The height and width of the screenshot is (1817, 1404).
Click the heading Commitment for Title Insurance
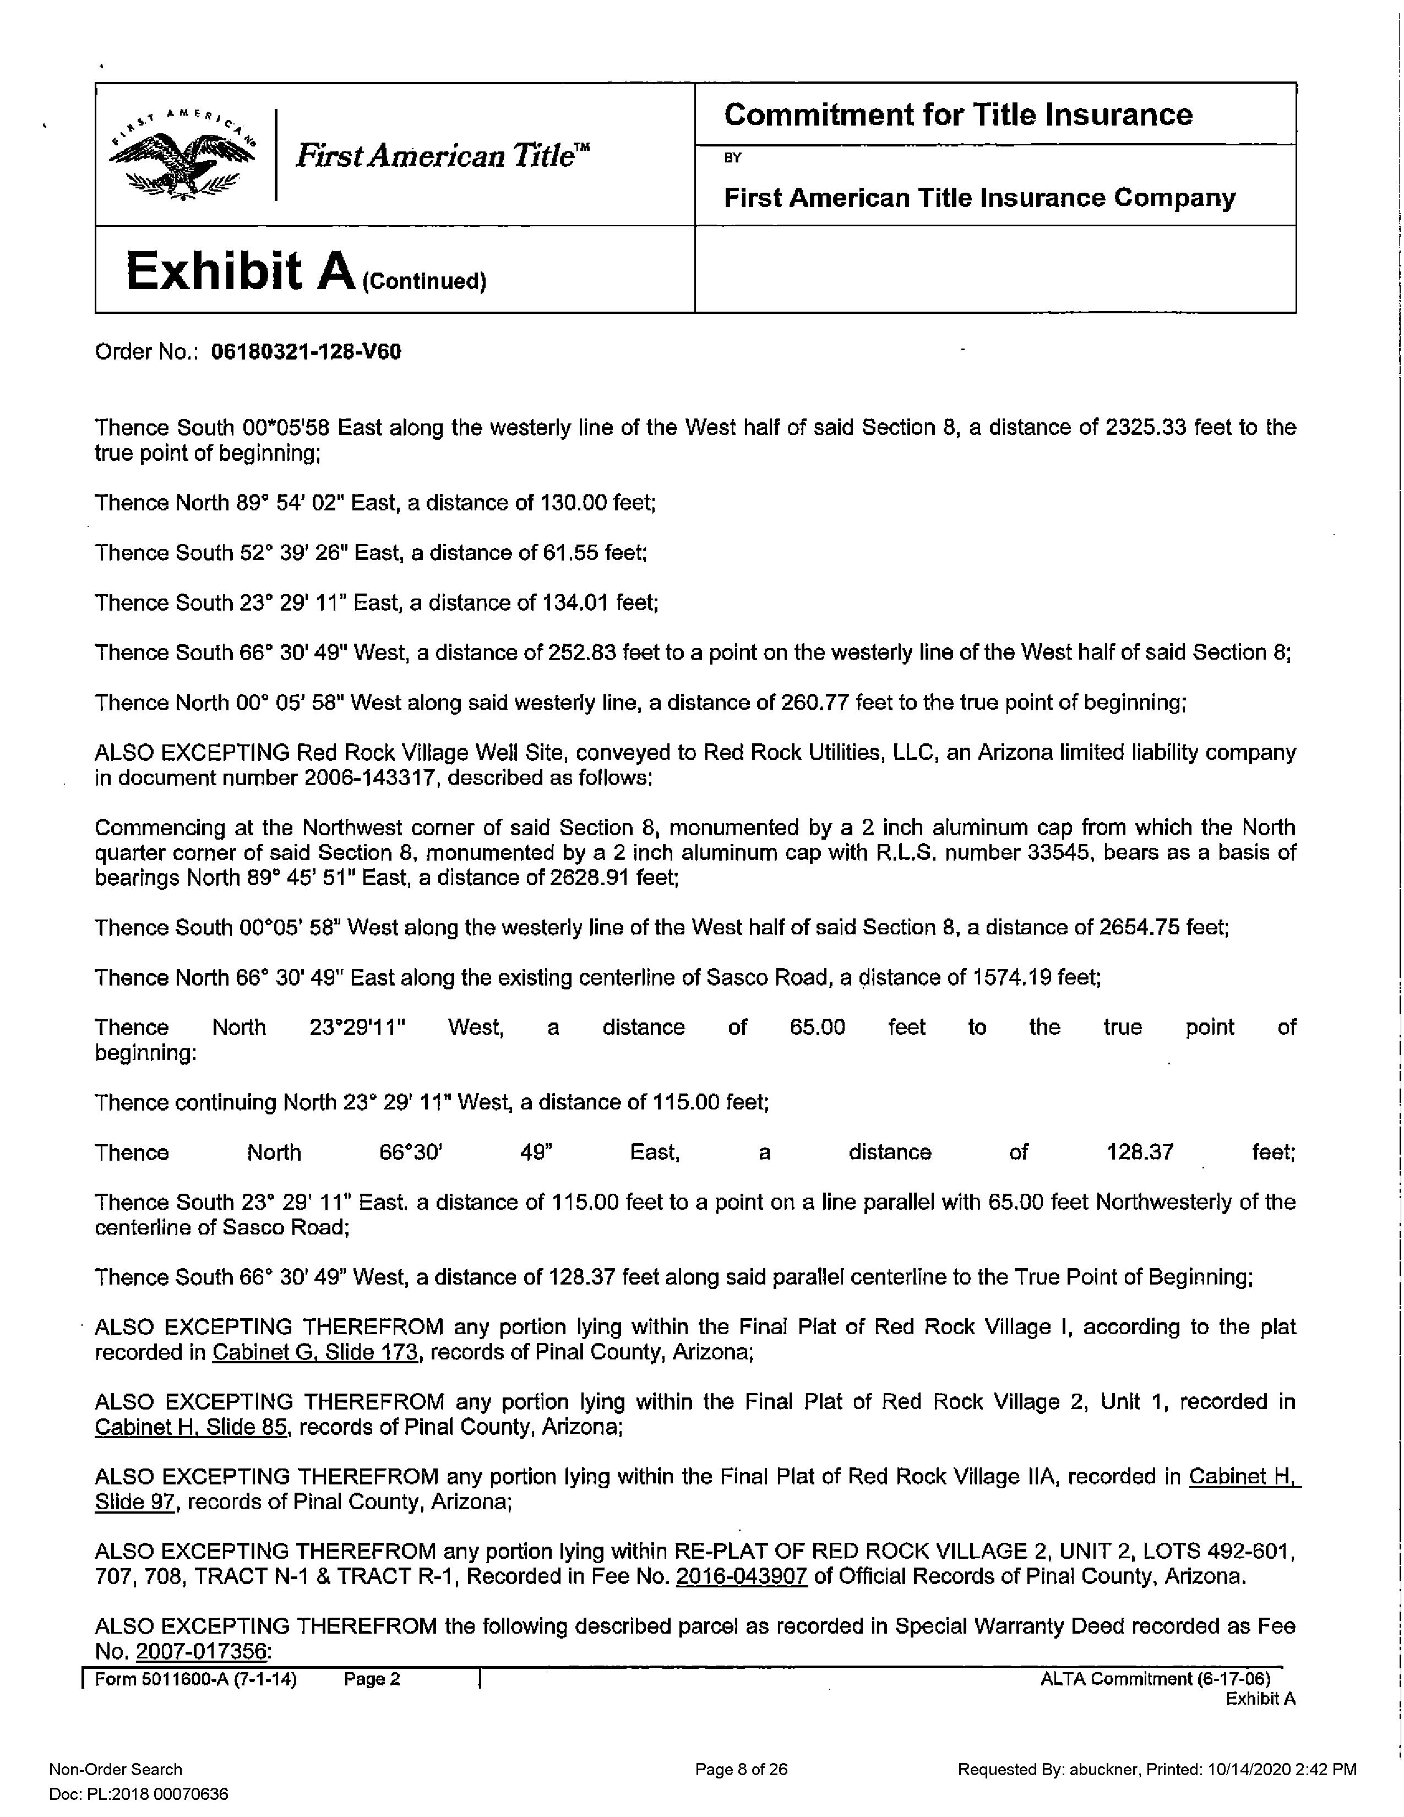point(957,115)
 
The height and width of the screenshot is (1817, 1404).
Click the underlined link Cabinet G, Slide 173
point(314,1353)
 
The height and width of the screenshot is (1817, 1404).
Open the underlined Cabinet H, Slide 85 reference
point(191,1428)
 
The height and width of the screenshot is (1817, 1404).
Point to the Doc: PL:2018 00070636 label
point(139,1794)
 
